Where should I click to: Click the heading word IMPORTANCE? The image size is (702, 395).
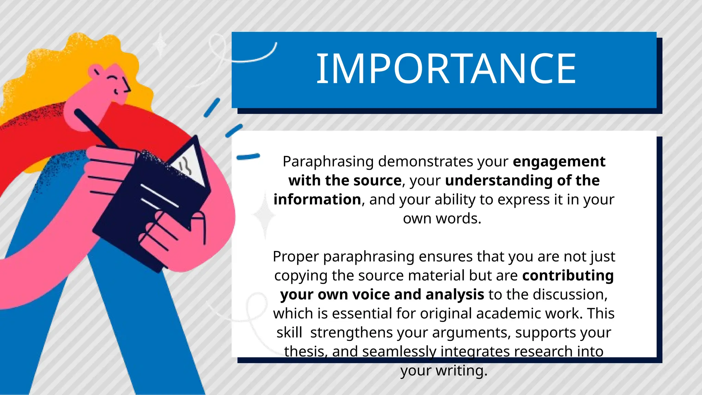pos(446,69)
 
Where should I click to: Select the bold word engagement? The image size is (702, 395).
pos(559,161)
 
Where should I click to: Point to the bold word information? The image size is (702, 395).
pos(317,200)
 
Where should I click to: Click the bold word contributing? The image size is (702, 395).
pos(568,276)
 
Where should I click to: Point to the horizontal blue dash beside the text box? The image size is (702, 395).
pos(248,157)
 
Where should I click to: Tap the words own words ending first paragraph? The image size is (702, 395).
pos(442,219)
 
